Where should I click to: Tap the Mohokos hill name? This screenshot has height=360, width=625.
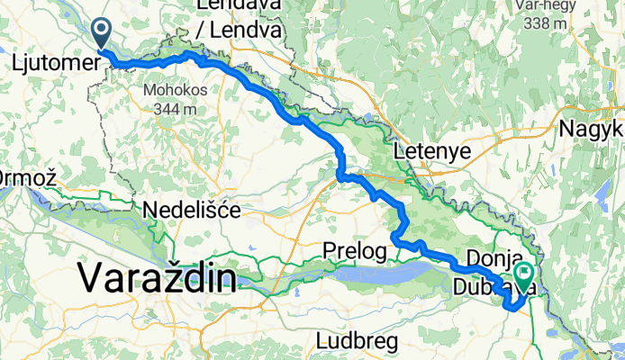pos(175,91)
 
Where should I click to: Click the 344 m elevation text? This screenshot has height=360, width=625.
pos(175,109)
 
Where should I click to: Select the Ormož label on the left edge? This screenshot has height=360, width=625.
pos(27,177)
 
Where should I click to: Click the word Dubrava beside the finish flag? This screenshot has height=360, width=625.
pos(494,287)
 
